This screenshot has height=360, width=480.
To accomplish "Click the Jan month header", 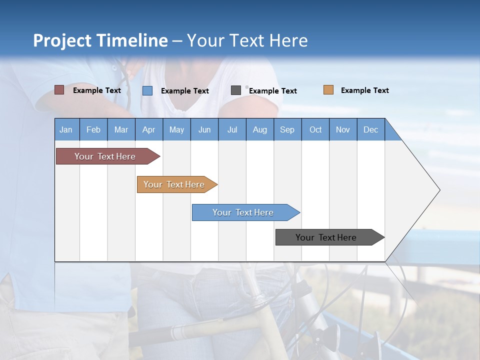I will pyautogui.click(x=66, y=129).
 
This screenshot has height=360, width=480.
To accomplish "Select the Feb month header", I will pyautogui.click(x=93, y=129).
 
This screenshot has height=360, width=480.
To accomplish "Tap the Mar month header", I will pyautogui.click(x=121, y=129).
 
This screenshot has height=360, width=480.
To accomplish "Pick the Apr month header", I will pyautogui.click(x=149, y=129).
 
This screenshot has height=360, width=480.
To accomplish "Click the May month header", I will pyautogui.click(x=176, y=129).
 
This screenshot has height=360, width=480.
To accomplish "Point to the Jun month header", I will pyautogui.click(x=204, y=129).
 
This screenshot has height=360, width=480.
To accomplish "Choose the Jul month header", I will pyautogui.click(x=232, y=129).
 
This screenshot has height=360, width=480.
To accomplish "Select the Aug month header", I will pyautogui.click(x=260, y=129).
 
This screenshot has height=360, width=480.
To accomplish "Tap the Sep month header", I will pyautogui.click(x=287, y=129).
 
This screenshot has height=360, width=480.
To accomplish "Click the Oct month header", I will pyautogui.click(x=315, y=129).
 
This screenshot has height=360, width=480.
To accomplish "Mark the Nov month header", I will pyautogui.click(x=343, y=129).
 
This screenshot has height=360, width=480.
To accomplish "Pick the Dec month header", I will pyautogui.click(x=371, y=129).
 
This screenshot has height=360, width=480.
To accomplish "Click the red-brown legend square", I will pyautogui.click(x=59, y=90).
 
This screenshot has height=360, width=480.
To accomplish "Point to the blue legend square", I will pyautogui.click(x=147, y=90).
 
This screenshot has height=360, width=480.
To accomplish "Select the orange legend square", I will pyautogui.click(x=328, y=90).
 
